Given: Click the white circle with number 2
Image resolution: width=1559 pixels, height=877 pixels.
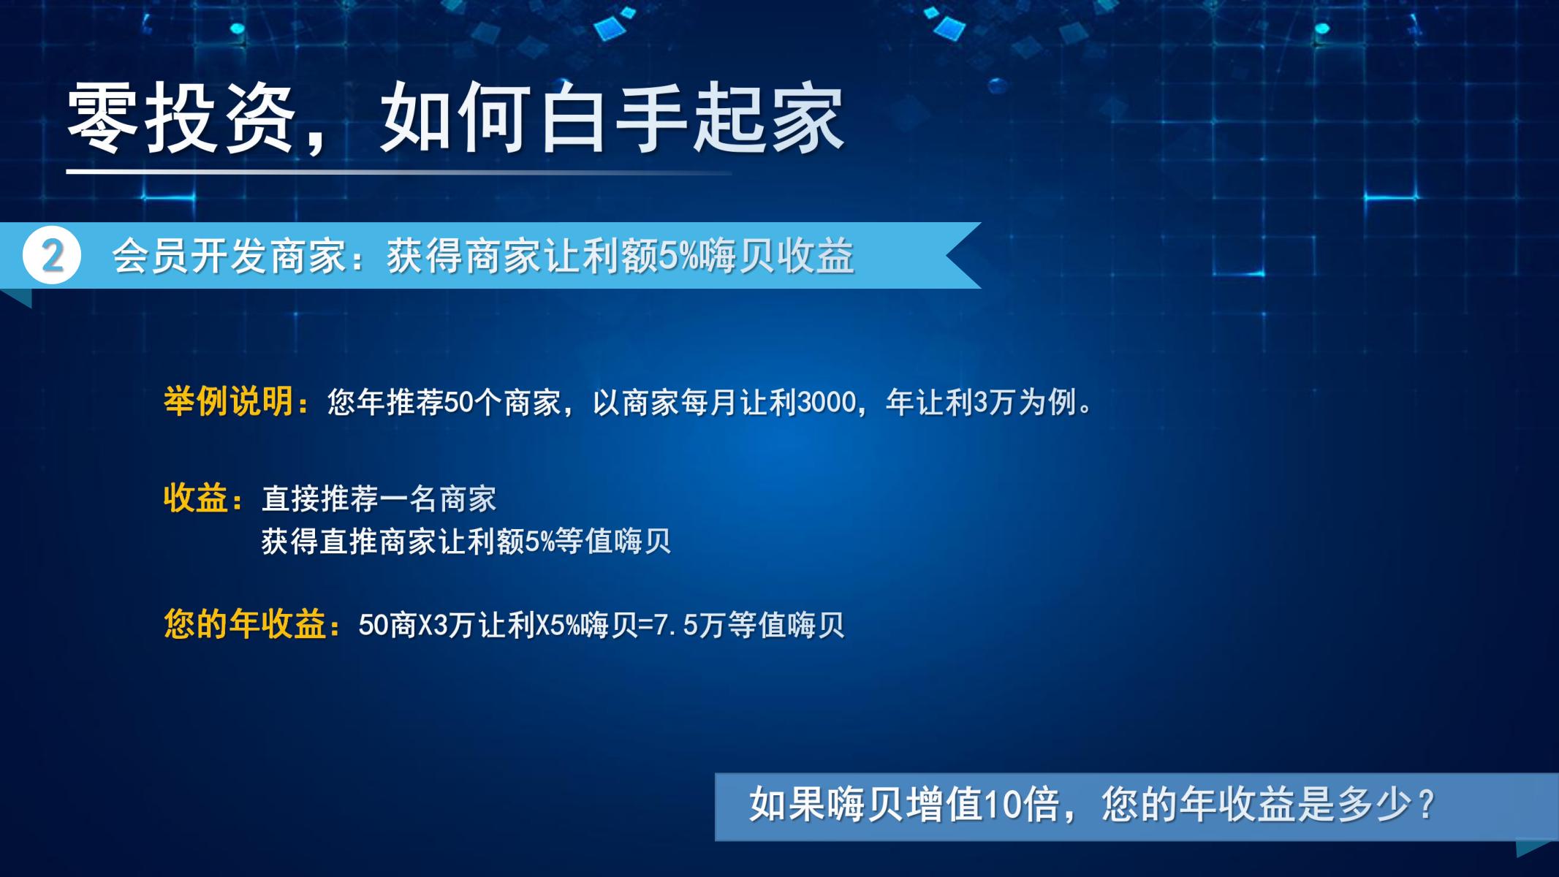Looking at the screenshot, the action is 52,256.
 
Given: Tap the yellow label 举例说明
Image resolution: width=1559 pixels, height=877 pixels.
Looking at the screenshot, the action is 229,401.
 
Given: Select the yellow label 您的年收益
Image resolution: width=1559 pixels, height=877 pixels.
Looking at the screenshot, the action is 245,624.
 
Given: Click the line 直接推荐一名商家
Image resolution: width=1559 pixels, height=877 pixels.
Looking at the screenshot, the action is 379,499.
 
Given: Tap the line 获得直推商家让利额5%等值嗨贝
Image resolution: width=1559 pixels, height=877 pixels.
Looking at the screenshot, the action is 466,542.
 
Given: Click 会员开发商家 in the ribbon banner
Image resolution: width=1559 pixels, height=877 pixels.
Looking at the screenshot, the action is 229,257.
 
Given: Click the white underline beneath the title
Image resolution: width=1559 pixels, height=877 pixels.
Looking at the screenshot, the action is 398,172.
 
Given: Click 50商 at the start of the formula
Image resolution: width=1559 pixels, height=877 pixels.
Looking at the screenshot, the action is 387,625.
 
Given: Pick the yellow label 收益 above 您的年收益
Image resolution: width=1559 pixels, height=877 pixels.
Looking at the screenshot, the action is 196,498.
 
